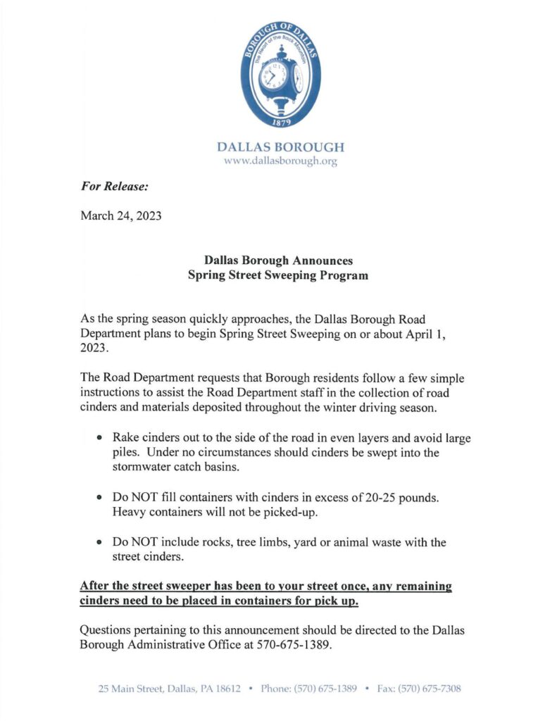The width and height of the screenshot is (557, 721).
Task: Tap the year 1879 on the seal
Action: pyautogui.click(x=280, y=122)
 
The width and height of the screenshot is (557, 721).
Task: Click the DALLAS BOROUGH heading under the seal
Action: pyautogui.click(x=280, y=148)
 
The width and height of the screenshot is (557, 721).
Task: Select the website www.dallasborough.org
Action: pyautogui.click(x=280, y=161)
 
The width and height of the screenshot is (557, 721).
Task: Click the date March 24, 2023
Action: pyautogui.click(x=121, y=215)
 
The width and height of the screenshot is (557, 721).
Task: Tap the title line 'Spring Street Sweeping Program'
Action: pyautogui.click(x=278, y=275)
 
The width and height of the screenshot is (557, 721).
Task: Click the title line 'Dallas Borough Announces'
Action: pyautogui.click(x=278, y=261)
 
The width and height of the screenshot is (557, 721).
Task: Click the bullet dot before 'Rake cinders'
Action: pyautogui.click(x=100, y=438)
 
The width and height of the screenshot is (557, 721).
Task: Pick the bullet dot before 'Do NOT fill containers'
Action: pyautogui.click(x=100, y=498)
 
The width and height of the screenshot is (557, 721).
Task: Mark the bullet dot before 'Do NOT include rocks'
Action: pyautogui.click(x=100, y=543)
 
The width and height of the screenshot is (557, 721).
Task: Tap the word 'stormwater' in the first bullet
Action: pyautogui.click(x=146, y=467)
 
